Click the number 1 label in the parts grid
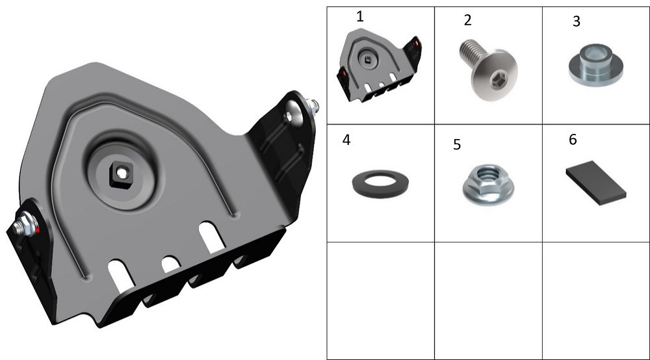click(360, 17)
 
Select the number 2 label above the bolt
click(467, 20)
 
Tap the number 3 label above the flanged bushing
click(576, 21)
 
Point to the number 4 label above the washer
click(346, 140)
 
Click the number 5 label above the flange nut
click(457, 144)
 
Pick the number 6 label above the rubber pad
click(573, 140)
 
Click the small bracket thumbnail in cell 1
click(380, 65)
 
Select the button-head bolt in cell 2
click(488, 69)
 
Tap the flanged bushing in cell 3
click(595, 64)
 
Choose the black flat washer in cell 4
click(380, 183)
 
